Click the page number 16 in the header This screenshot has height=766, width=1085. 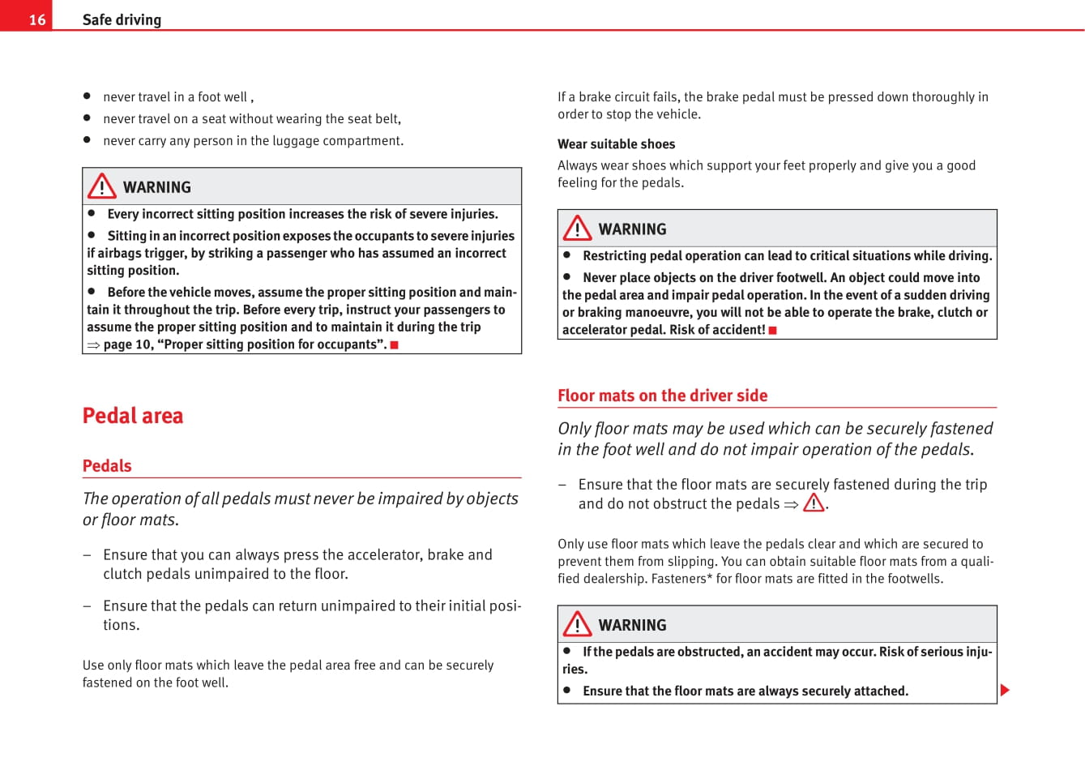[37, 19]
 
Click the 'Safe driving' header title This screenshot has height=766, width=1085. [122, 19]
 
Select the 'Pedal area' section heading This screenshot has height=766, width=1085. [133, 416]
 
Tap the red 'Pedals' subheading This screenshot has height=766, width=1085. [107, 466]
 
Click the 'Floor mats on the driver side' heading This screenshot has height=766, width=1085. [662, 396]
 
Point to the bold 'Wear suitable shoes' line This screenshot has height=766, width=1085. [616, 144]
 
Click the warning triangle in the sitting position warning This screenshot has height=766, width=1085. [102, 186]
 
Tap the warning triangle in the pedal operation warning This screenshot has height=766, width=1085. [578, 229]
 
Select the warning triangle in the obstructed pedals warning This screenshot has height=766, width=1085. [578, 624]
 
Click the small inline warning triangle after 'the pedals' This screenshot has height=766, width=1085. [814, 503]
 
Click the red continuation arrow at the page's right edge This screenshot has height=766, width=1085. [1005, 691]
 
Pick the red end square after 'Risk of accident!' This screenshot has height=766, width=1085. [773, 330]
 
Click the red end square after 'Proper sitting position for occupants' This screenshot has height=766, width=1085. [395, 345]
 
